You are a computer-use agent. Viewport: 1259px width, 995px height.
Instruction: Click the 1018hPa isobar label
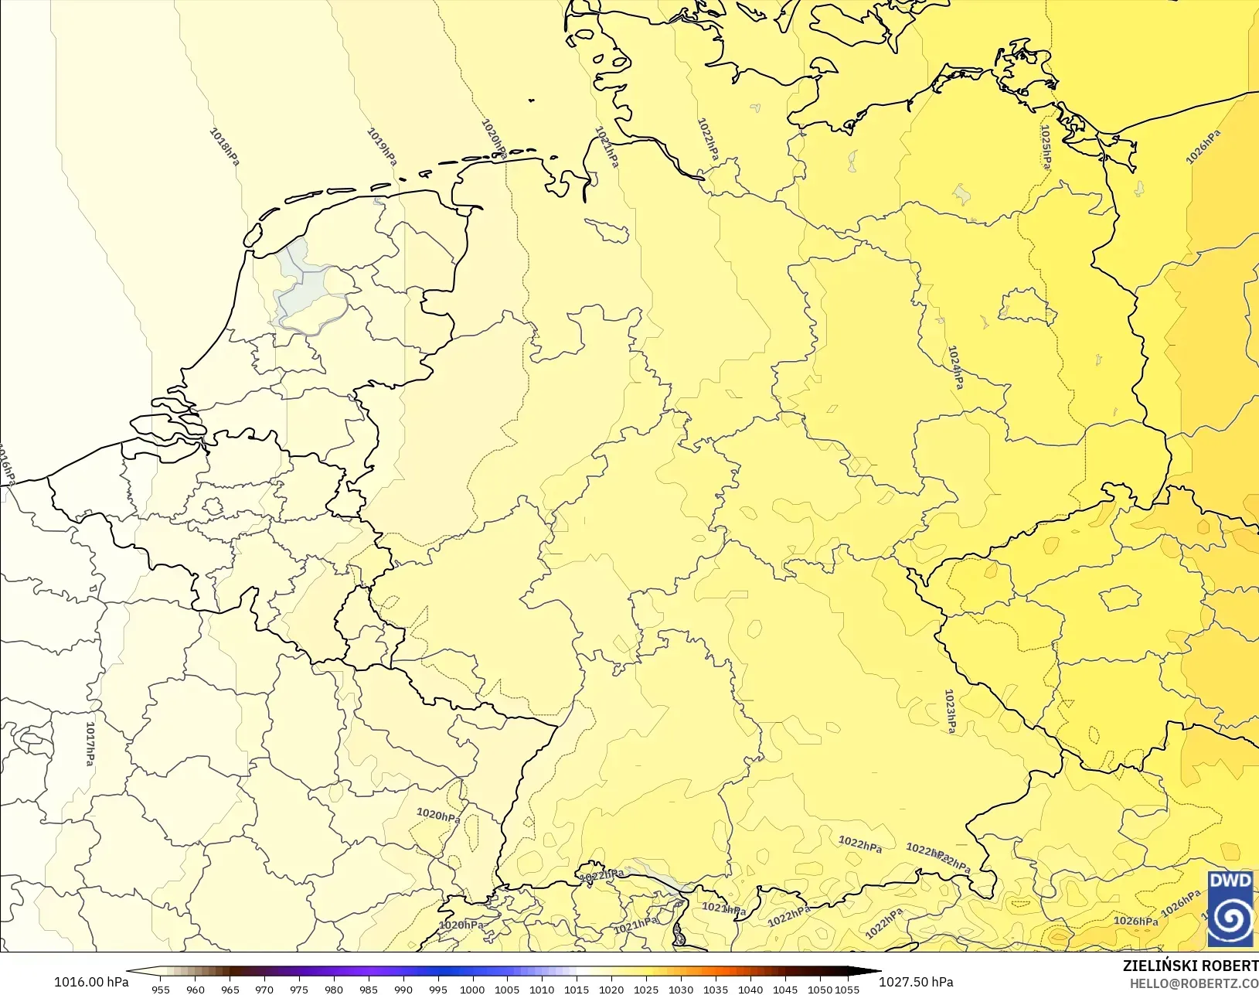tap(224, 145)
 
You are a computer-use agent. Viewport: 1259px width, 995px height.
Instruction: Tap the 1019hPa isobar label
tap(381, 146)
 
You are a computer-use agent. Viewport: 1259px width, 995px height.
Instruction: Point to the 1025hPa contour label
tap(1046, 145)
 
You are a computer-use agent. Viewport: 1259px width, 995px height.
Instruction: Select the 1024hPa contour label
tap(956, 366)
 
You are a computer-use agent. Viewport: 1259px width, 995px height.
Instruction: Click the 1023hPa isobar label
tap(951, 710)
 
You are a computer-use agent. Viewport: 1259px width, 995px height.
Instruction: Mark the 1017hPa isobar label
tap(90, 743)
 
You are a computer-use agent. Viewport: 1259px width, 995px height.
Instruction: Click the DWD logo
tap(1230, 908)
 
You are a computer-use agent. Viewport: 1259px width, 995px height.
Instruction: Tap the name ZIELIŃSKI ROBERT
tap(1190, 966)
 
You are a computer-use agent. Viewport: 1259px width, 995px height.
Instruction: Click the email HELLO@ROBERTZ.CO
tap(1194, 983)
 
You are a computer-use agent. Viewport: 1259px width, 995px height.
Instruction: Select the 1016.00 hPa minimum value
tap(91, 982)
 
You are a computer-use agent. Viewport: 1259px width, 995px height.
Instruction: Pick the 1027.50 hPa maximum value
tap(916, 982)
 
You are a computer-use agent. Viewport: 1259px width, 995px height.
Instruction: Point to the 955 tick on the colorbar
tap(161, 989)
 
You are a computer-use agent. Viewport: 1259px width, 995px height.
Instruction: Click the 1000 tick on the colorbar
tap(472, 989)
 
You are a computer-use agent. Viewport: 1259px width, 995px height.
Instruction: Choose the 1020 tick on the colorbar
tap(611, 989)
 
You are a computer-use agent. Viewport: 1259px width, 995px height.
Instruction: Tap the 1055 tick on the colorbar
tap(847, 989)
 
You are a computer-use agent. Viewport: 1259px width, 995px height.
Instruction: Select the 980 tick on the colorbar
tap(334, 989)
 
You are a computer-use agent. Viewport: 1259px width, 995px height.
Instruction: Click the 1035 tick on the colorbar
tap(716, 989)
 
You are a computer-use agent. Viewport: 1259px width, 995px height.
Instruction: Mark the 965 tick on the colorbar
tap(230, 989)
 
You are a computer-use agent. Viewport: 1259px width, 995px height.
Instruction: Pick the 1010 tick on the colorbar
tap(542, 989)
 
